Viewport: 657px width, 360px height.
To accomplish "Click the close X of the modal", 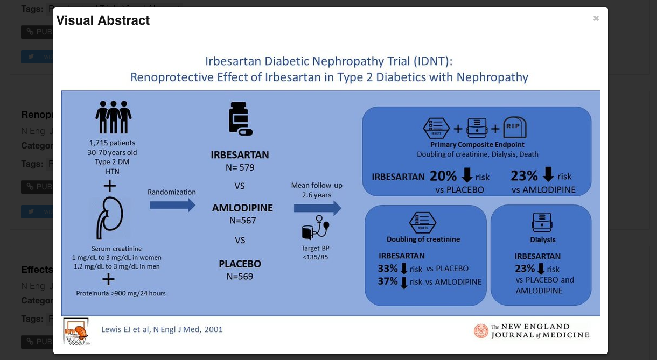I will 596,18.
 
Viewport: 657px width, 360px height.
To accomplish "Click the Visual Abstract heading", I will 103,20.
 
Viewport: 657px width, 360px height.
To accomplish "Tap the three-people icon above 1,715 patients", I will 113,117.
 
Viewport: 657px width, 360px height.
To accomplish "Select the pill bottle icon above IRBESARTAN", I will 240,119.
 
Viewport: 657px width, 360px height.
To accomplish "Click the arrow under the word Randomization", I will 172,205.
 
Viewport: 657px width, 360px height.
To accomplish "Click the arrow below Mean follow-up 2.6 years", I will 317,208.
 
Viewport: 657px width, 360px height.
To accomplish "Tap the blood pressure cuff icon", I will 315,228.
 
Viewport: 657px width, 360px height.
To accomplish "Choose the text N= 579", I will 240,167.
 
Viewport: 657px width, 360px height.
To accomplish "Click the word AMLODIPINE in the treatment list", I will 242,208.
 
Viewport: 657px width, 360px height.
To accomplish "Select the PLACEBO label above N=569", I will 240,264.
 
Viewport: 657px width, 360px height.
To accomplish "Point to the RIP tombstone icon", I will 514,128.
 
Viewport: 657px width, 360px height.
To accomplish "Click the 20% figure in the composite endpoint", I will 443,176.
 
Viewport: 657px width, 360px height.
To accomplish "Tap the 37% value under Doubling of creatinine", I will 388,281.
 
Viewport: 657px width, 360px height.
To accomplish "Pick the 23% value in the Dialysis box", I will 525,268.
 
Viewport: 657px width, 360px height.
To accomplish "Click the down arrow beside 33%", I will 404,268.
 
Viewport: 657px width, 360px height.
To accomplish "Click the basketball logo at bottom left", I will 75,331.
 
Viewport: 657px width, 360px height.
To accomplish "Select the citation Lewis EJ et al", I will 162,329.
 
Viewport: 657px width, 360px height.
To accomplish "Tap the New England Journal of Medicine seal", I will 481,331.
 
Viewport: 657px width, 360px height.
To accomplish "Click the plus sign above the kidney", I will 109,186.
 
